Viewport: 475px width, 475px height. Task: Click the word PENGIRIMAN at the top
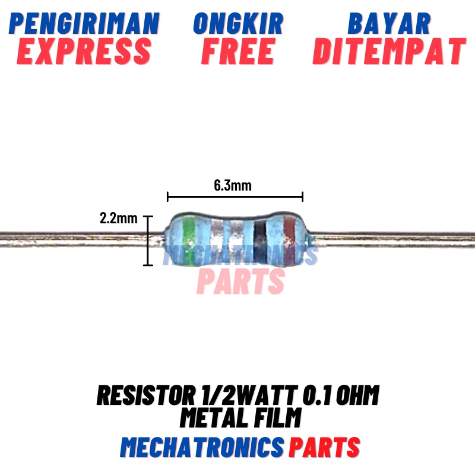pyautogui.click(x=84, y=24)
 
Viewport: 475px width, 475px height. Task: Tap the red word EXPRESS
pyautogui.click(x=84, y=52)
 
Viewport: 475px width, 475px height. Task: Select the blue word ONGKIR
pyautogui.click(x=238, y=24)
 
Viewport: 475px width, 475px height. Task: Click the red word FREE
pyautogui.click(x=238, y=52)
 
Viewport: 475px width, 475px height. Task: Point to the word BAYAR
pyautogui.click(x=389, y=24)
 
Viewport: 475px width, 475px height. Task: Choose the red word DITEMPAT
pyautogui.click(x=389, y=52)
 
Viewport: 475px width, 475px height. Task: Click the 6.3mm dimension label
pyautogui.click(x=233, y=185)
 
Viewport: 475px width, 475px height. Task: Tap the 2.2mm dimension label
pyautogui.click(x=118, y=218)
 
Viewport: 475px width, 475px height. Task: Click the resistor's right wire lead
pyautogui.click(x=392, y=237)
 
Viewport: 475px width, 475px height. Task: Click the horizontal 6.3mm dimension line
pyautogui.click(x=235, y=197)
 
